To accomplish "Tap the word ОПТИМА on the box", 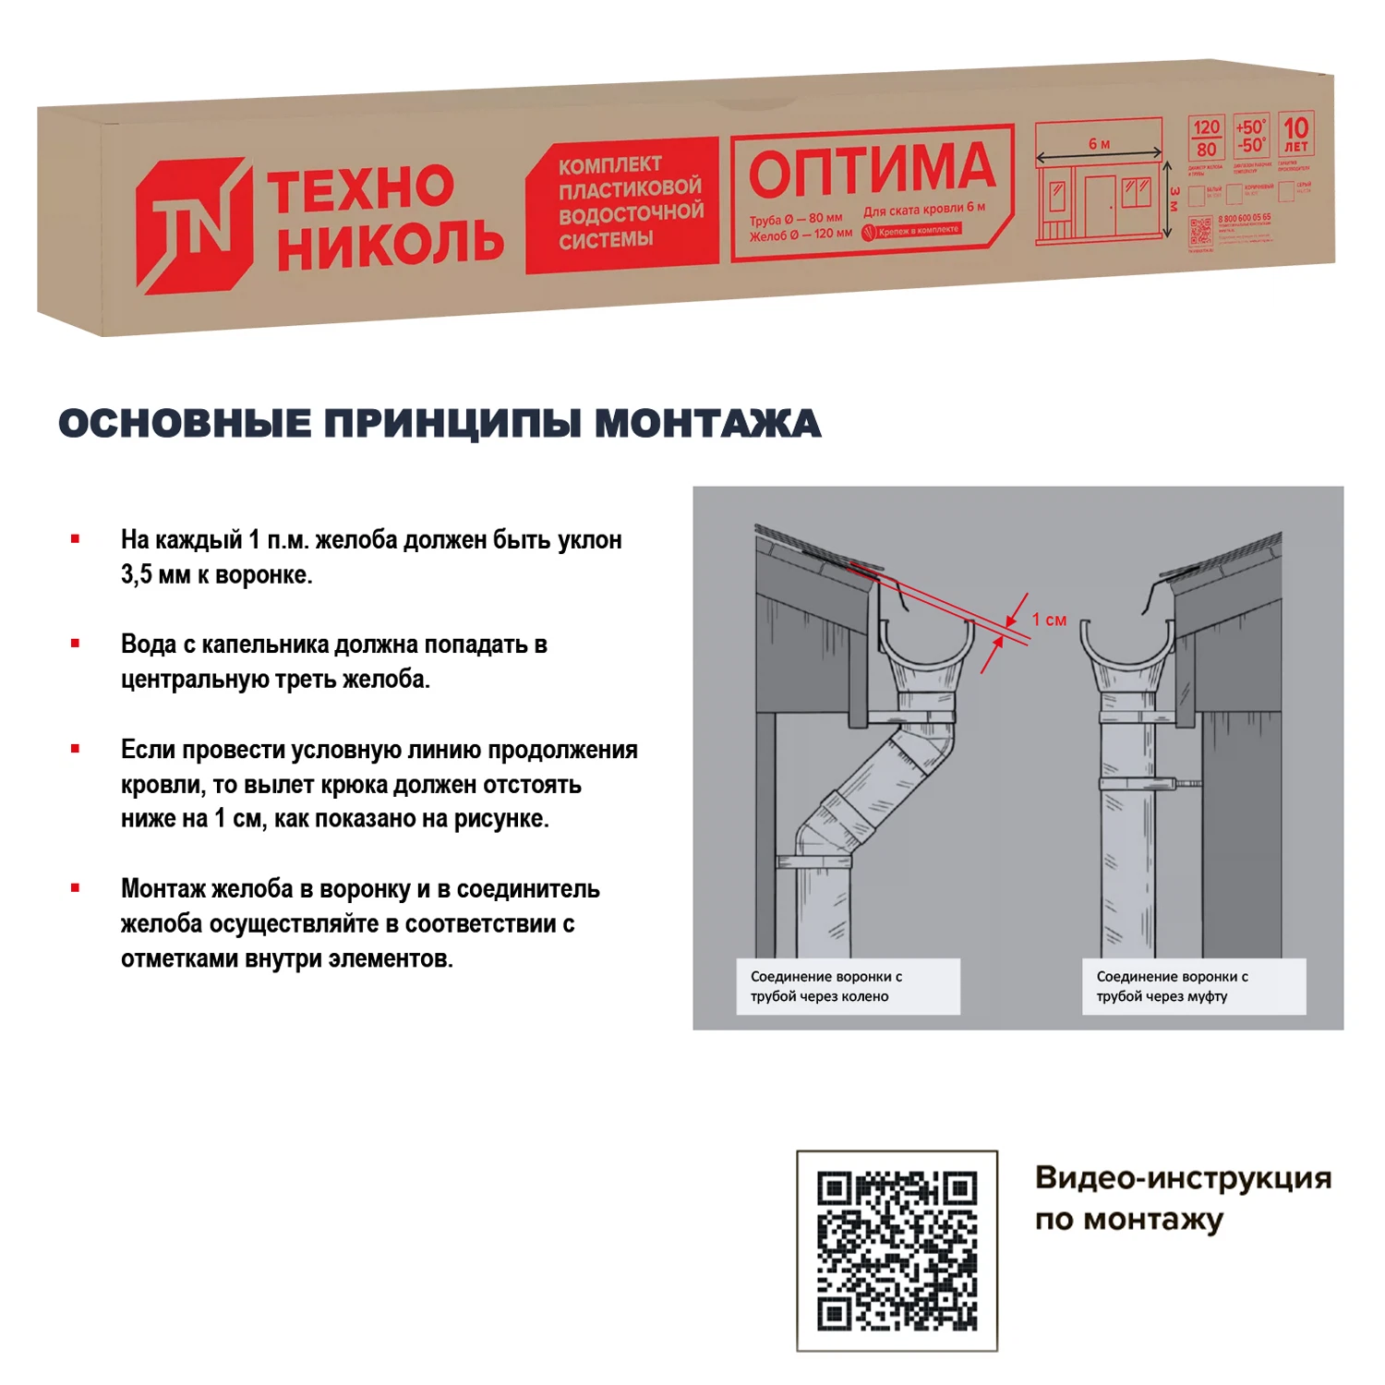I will coord(871,171).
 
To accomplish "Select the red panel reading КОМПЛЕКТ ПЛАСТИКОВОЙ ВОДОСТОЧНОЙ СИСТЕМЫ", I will coord(623,204).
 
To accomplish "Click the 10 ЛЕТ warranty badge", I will coord(1295,135).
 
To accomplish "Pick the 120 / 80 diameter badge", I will coord(1206,138).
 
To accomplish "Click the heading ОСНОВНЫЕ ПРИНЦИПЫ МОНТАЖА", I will coord(440,424).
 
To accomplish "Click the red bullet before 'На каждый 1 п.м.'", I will coord(76,539).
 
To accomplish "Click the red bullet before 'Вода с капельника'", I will coord(76,644).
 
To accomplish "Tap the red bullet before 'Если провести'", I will coord(76,749).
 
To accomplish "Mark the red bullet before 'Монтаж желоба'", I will coord(76,888).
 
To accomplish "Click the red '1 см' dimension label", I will coord(1049,620).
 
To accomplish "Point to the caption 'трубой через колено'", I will coord(819,996).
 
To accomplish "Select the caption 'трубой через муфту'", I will coord(1162,996).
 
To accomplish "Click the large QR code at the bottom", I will coord(897,1250).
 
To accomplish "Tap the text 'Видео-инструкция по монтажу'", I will coord(1182,1198).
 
